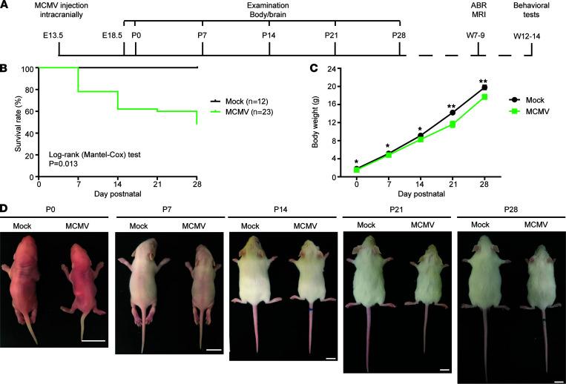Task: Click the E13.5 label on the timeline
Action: (x=59, y=35)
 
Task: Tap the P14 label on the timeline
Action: (x=269, y=35)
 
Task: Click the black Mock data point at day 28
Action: (x=484, y=87)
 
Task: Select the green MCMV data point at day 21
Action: (x=452, y=124)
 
